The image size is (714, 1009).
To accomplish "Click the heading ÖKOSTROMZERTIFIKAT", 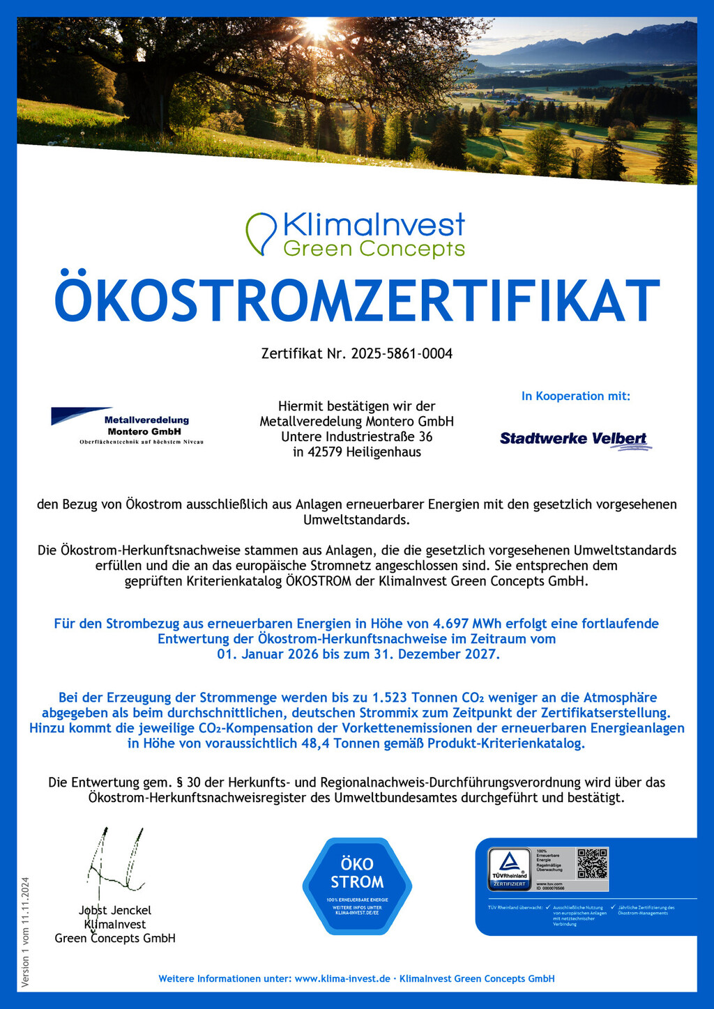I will (357, 300).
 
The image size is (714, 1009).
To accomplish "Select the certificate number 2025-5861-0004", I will (402, 354).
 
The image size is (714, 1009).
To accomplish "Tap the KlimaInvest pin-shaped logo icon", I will (261, 233).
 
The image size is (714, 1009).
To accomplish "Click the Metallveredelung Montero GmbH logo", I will (127, 426).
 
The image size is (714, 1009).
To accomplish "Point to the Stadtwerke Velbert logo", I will (575, 440).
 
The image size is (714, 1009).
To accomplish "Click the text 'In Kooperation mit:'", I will (575, 396).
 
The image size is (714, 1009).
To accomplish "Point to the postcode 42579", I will (324, 452).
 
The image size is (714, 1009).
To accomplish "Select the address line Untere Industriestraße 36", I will (356, 437).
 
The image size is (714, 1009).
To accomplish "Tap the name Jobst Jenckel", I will (115, 911).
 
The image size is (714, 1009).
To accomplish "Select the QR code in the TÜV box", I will (592, 863).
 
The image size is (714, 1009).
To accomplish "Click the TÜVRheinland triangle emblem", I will (510, 864).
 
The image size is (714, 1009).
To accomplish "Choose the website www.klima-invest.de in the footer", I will (342, 979).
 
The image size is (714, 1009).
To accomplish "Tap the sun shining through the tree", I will (317, 28).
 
